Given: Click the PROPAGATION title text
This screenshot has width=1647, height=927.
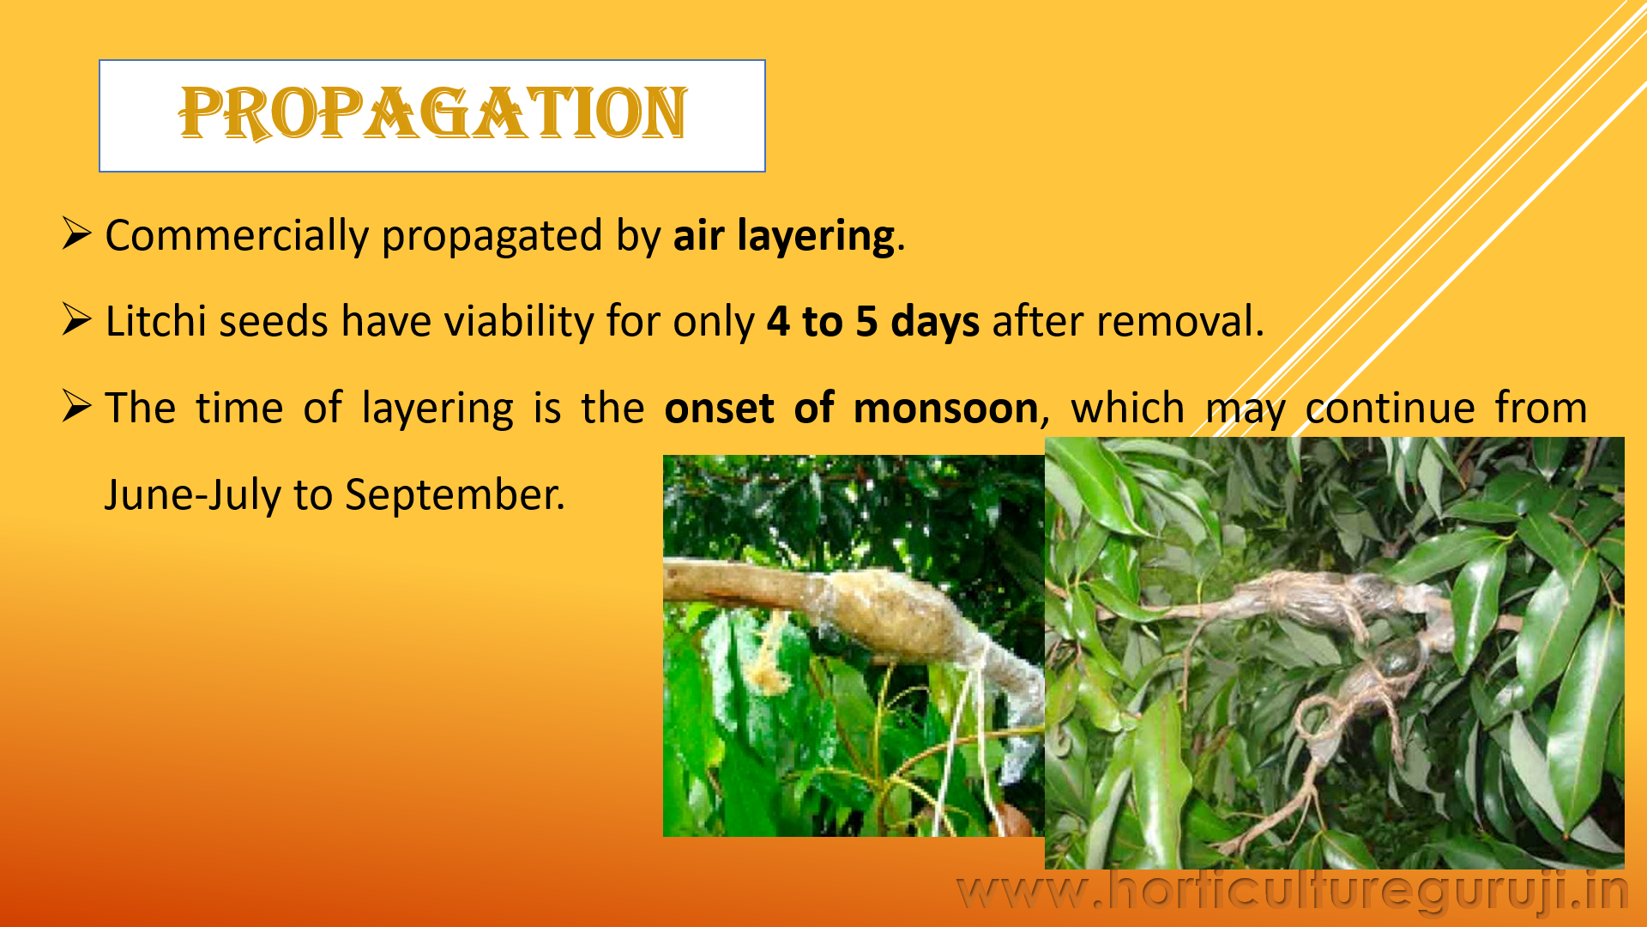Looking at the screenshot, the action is [433, 113].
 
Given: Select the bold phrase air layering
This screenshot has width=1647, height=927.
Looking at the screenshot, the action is [785, 236].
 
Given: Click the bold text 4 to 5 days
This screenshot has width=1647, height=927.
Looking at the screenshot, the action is [873, 322].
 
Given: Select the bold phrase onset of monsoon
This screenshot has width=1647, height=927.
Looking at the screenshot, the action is [851, 408].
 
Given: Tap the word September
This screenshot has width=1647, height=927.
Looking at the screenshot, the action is [455, 495].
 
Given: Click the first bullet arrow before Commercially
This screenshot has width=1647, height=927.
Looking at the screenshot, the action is [76, 233].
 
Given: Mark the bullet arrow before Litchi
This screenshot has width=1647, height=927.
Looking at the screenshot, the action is [76, 319].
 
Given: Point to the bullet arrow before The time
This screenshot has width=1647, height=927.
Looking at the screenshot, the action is [76, 406].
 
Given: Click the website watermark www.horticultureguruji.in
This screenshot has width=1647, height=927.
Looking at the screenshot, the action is [1292, 890].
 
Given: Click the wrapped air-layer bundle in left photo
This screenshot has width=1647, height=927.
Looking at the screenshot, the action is [892, 614].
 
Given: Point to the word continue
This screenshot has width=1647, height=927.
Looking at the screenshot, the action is [1391, 408].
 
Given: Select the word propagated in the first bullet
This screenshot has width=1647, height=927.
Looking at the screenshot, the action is [492, 237].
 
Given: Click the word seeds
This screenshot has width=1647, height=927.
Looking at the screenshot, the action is [274, 321].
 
